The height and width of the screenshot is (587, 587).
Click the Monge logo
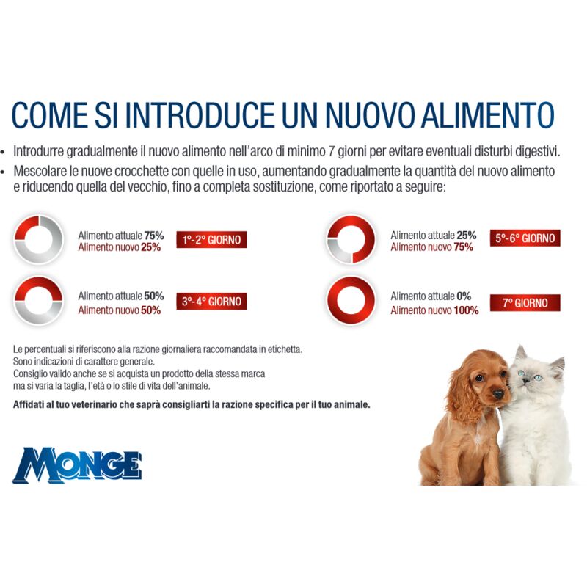click(x=76, y=465)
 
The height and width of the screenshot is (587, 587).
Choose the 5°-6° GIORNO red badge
click(x=525, y=238)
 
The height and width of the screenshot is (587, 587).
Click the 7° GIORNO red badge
click(x=525, y=302)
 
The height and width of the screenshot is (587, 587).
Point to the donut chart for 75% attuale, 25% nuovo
click(x=40, y=239)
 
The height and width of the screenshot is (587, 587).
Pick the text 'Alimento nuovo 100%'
click(x=434, y=310)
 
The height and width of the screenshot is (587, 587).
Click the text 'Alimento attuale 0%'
click(x=430, y=296)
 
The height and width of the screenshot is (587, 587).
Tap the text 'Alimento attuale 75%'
click(x=120, y=235)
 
